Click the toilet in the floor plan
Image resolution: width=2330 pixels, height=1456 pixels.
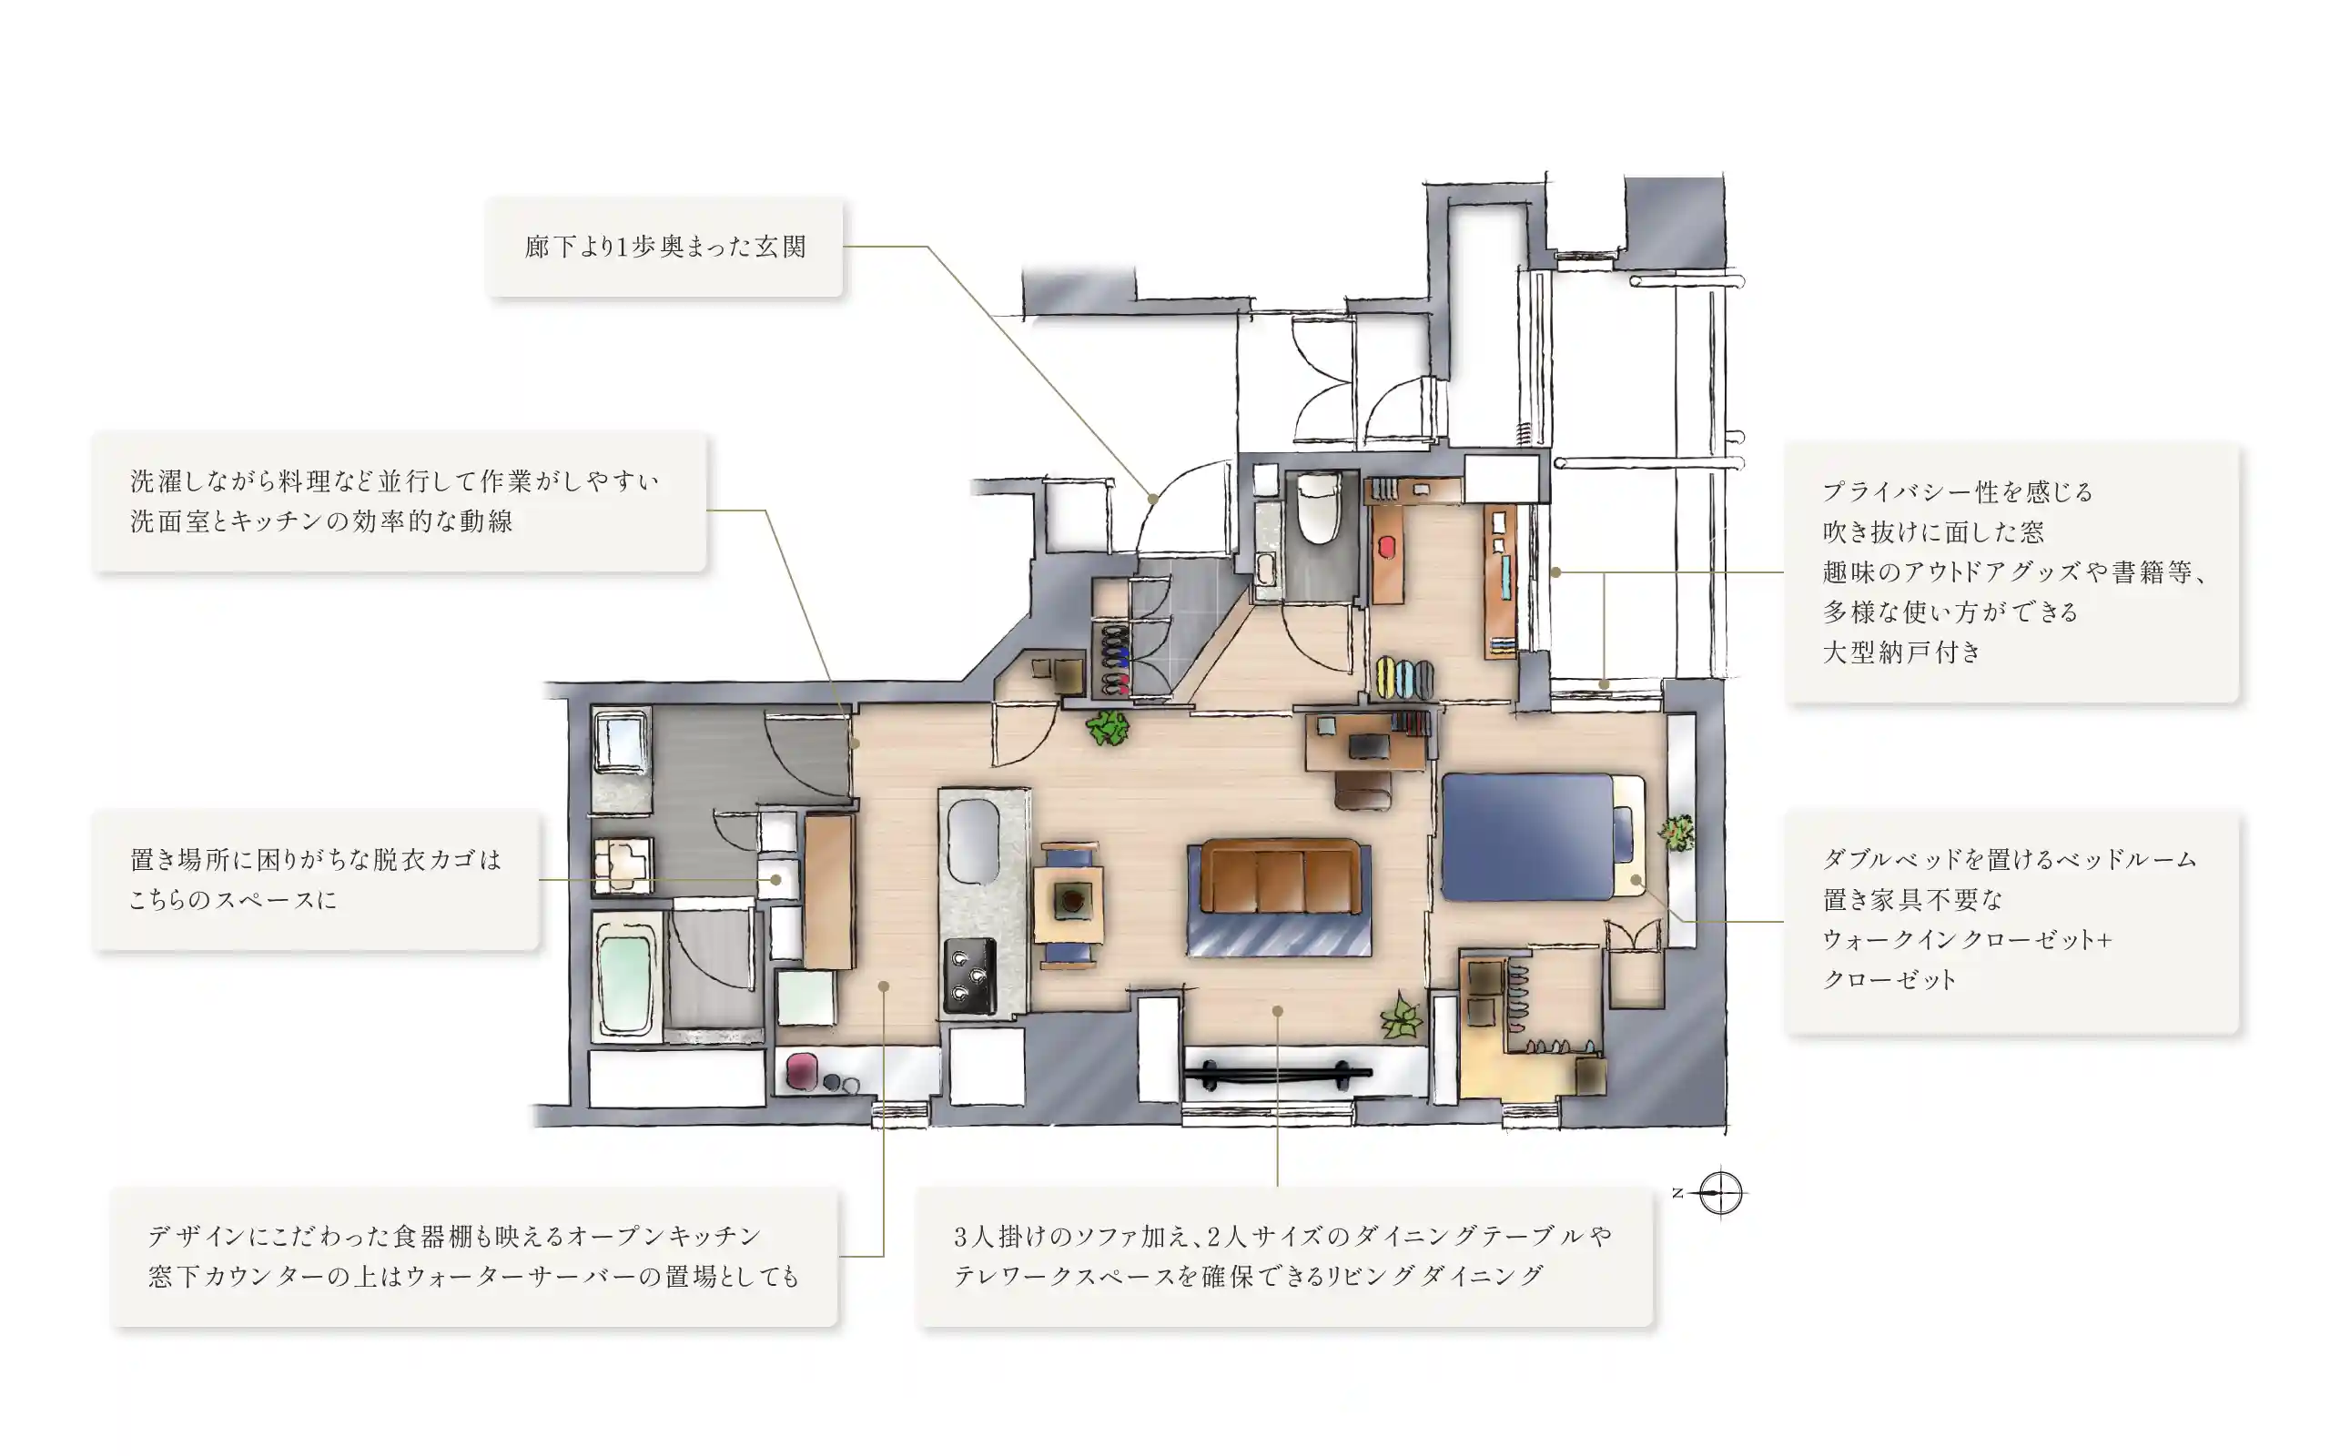[x=1317, y=509]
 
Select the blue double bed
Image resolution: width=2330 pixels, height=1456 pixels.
[x=1528, y=837]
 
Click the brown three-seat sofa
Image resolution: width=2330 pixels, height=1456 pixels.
[x=1279, y=877]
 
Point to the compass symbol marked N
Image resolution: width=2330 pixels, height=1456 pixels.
[x=1719, y=1193]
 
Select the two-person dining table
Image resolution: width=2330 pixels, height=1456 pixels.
[x=1069, y=903]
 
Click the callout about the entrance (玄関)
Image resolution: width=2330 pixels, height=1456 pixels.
[x=664, y=247]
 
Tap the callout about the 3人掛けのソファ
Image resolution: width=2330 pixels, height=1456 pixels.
[x=1283, y=1256]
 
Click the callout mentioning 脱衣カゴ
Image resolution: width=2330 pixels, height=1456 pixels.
[x=316, y=879]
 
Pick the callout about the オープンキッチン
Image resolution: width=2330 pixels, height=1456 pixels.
[x=473, y=1256]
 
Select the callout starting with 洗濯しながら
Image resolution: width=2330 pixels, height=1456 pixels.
[x=399, y=500]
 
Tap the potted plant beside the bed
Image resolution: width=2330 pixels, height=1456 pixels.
[x=1677, y=831]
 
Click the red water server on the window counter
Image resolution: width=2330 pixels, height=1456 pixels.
[x=801, y=1071]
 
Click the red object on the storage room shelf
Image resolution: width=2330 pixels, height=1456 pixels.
[x=1385, y=547]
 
